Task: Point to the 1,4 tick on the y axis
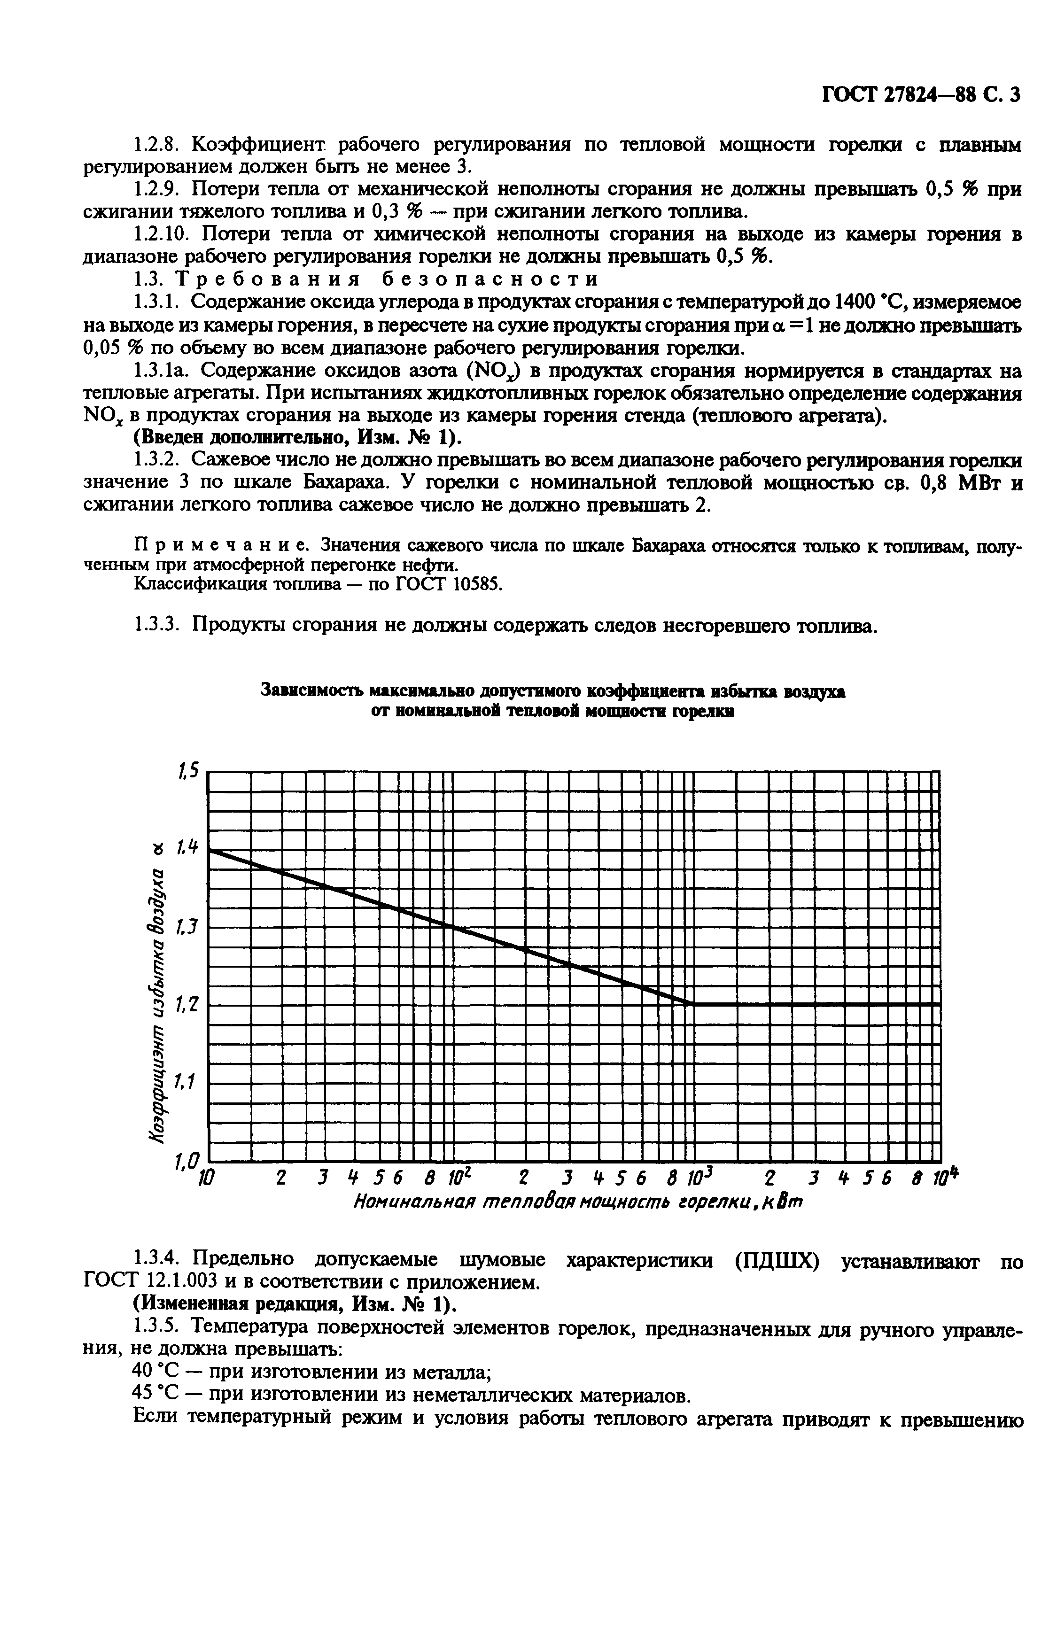(x=187, y=848)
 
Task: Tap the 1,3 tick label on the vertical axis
(x=187, y=927)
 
